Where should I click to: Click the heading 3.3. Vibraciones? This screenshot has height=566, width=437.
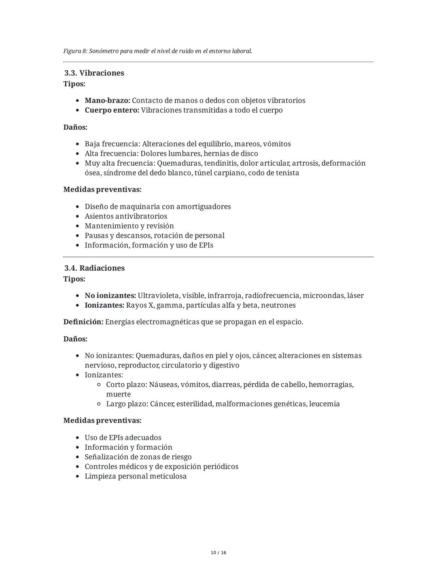coord(94,73)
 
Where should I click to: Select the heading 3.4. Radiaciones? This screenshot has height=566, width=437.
coord(94,268)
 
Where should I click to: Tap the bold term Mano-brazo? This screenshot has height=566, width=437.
coord(107,100)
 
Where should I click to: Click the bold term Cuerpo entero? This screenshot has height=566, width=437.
coord(112,110)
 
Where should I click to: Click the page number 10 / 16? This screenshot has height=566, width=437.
coord(218,553)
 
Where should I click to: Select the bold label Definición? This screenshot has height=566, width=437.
coord(83,322)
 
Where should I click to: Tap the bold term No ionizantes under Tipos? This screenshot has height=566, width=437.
coord(110,296)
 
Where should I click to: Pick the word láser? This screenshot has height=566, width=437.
coord(355,296)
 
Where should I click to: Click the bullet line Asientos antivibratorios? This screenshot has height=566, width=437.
coord(126,216)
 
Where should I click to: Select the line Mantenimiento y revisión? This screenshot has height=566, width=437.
coord(129,226)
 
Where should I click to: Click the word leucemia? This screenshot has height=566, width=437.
coord(325,404)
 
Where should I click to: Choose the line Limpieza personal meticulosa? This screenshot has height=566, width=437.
coord(136,476)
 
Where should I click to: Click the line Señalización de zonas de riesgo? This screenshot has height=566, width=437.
coord(138,457)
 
